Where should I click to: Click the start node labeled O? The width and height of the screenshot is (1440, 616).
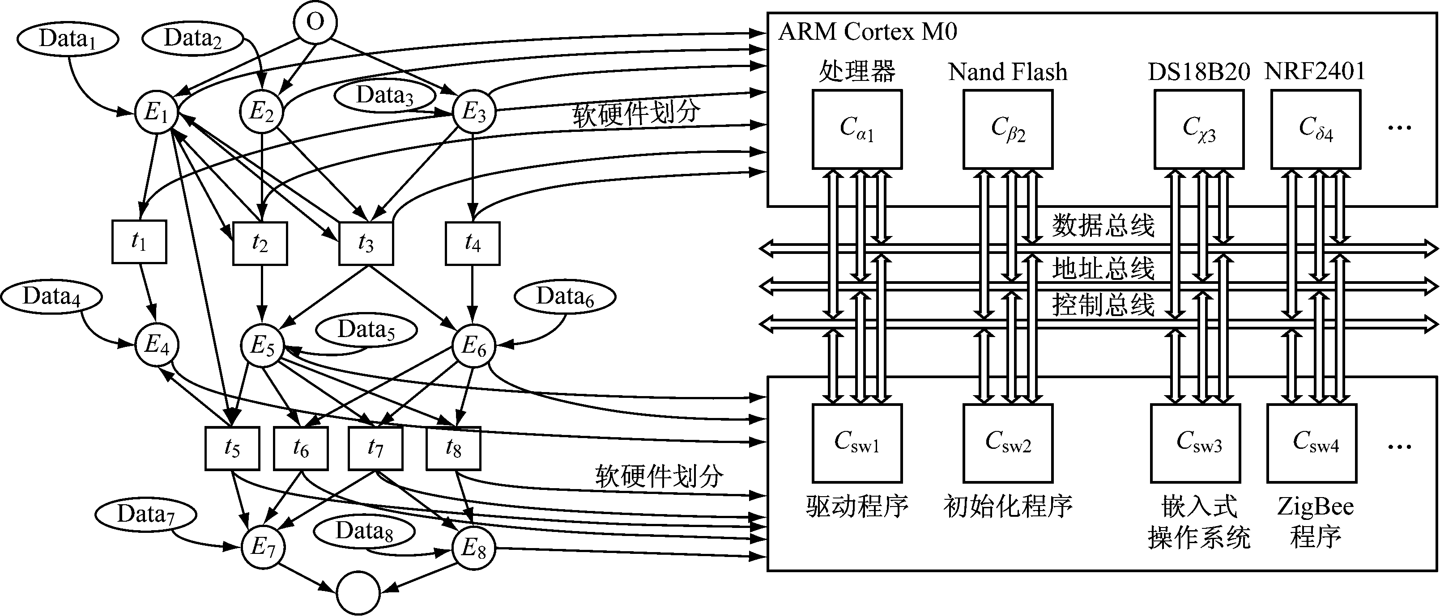[x=315, y=23]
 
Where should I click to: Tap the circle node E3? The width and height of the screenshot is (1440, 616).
[x=474, y=112]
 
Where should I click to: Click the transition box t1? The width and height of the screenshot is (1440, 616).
[x=139, y=242]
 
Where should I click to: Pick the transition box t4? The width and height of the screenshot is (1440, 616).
[x=473, y=244]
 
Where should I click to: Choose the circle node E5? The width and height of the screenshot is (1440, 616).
[x=262, y=346]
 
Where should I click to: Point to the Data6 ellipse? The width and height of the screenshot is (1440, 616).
[x=565, y=296]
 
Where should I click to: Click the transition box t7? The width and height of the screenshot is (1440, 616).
[x=375, y=448]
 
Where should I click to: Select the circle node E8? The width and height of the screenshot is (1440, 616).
[x=474, y=549]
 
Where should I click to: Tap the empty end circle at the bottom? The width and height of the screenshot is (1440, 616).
[x=358, y=593]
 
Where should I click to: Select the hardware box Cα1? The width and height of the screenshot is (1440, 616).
[x=857, y=130]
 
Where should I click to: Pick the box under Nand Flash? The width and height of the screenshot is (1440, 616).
[x=1008, y=130]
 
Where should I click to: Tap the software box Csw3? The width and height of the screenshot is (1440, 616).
[x=1196, y=443]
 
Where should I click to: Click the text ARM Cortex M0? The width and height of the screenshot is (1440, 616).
[x=868, y=32]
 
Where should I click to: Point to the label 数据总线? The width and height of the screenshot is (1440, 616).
[x=1103, y=226]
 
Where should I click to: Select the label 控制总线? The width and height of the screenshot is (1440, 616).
[x=1103, y=305]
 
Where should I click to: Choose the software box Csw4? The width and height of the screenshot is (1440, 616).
[x=1312, y=443]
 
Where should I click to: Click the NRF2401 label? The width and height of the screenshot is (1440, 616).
[x=1315, y=72]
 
